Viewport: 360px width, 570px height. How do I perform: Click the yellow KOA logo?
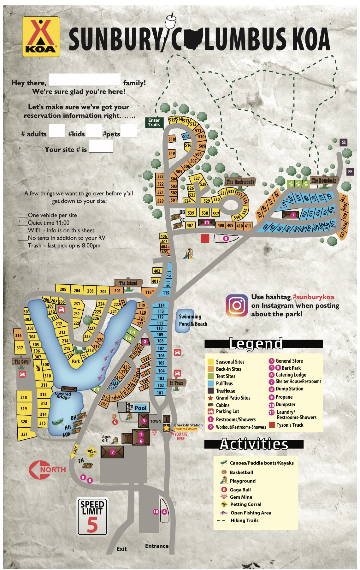[x=41, y=37]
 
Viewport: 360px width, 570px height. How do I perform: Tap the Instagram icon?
[x=237, y=305]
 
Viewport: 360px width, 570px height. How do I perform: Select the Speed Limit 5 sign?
[x=92, y=517]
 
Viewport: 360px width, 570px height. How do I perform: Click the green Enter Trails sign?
[x=154, y=122]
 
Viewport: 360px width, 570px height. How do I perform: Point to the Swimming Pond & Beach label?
[x=193, y=320]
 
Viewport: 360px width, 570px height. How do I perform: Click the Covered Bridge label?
[x=63, y=395]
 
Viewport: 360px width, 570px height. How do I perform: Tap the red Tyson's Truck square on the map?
[x=205, y=238]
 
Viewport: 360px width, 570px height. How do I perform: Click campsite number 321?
[x=24, y=434]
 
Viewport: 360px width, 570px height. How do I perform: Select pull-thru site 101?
[x=160, y=393]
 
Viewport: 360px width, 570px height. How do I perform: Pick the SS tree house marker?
[x=344, y=142]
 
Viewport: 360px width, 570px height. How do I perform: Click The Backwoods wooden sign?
[x=240, y=182]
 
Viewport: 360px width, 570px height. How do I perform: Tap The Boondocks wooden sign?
[x=324, y=181]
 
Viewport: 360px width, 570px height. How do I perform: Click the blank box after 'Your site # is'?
[x=101, y=146]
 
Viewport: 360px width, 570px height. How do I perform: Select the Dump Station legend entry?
[x=289, y=389]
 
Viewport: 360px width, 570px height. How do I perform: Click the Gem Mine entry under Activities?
[x=241, y=497]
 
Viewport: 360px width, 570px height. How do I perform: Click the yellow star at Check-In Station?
[x=167, y=428]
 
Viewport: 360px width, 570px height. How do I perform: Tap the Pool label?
[x=140, y=408]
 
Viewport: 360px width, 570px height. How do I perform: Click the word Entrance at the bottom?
[x=157, y=546]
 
